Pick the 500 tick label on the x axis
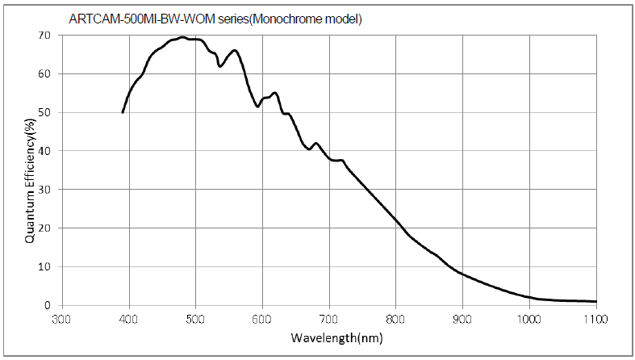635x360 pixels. [195, 319]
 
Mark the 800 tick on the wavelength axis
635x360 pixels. [395, 319]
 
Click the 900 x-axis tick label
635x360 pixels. [462, 319]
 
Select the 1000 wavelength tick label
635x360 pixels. [529, 319]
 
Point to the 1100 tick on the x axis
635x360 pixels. [595, 319]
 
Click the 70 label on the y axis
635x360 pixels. [44, 36]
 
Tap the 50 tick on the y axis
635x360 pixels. [44, 112]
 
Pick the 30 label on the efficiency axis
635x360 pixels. [44, 190]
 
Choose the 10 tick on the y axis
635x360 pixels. [44, 266]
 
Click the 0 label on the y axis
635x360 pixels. [48, 305]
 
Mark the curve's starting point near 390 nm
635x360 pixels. [123, 112]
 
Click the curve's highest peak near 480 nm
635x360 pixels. [182, 37]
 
